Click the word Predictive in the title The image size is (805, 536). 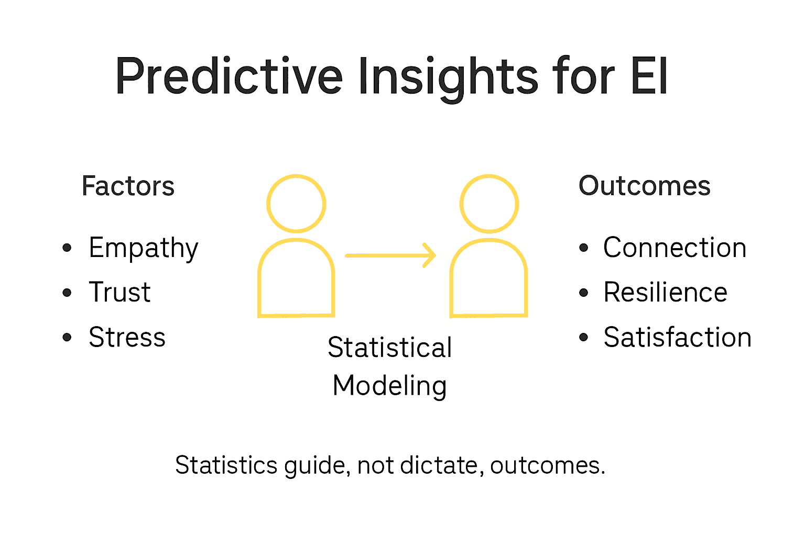click(x=229, y=77)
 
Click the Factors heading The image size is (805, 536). click(x=128, y=186)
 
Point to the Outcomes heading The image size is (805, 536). click(x=644, y=186)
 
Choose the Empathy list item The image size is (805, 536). click(x=143, y=248)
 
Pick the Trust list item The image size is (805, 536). click(x=119, y=293)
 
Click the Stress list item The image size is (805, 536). click(x=127, y=338)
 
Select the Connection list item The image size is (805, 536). click(x=675, y=248)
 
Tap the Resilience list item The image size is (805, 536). click(x=665, y=293)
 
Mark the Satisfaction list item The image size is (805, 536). click(x=677, y=338)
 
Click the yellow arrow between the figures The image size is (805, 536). click(x=390, y=255)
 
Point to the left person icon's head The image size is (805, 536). click(x=296, y=204)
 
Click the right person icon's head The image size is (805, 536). click(x=489, y=204)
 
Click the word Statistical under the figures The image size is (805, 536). click(x=389, y=348)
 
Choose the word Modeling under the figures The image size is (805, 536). click(x=389, y=386)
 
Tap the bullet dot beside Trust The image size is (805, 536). click(x=67, y=293)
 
